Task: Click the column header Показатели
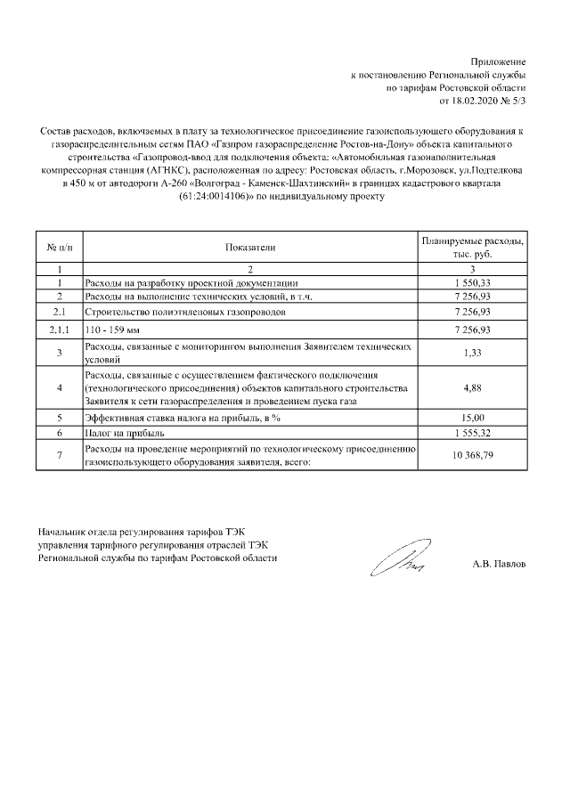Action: [250, 248]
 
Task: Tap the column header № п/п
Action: [59, 248]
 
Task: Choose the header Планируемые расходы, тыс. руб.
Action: [472, 248]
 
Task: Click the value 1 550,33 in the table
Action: [472, 281]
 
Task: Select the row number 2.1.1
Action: [59, 330]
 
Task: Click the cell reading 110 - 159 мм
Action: [106, 330]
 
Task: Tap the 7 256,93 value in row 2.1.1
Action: [472, 330]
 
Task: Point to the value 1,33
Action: [472, 354]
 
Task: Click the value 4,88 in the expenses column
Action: [472, 388]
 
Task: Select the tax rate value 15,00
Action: [472, 417]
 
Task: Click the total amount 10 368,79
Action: [472, 455]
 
